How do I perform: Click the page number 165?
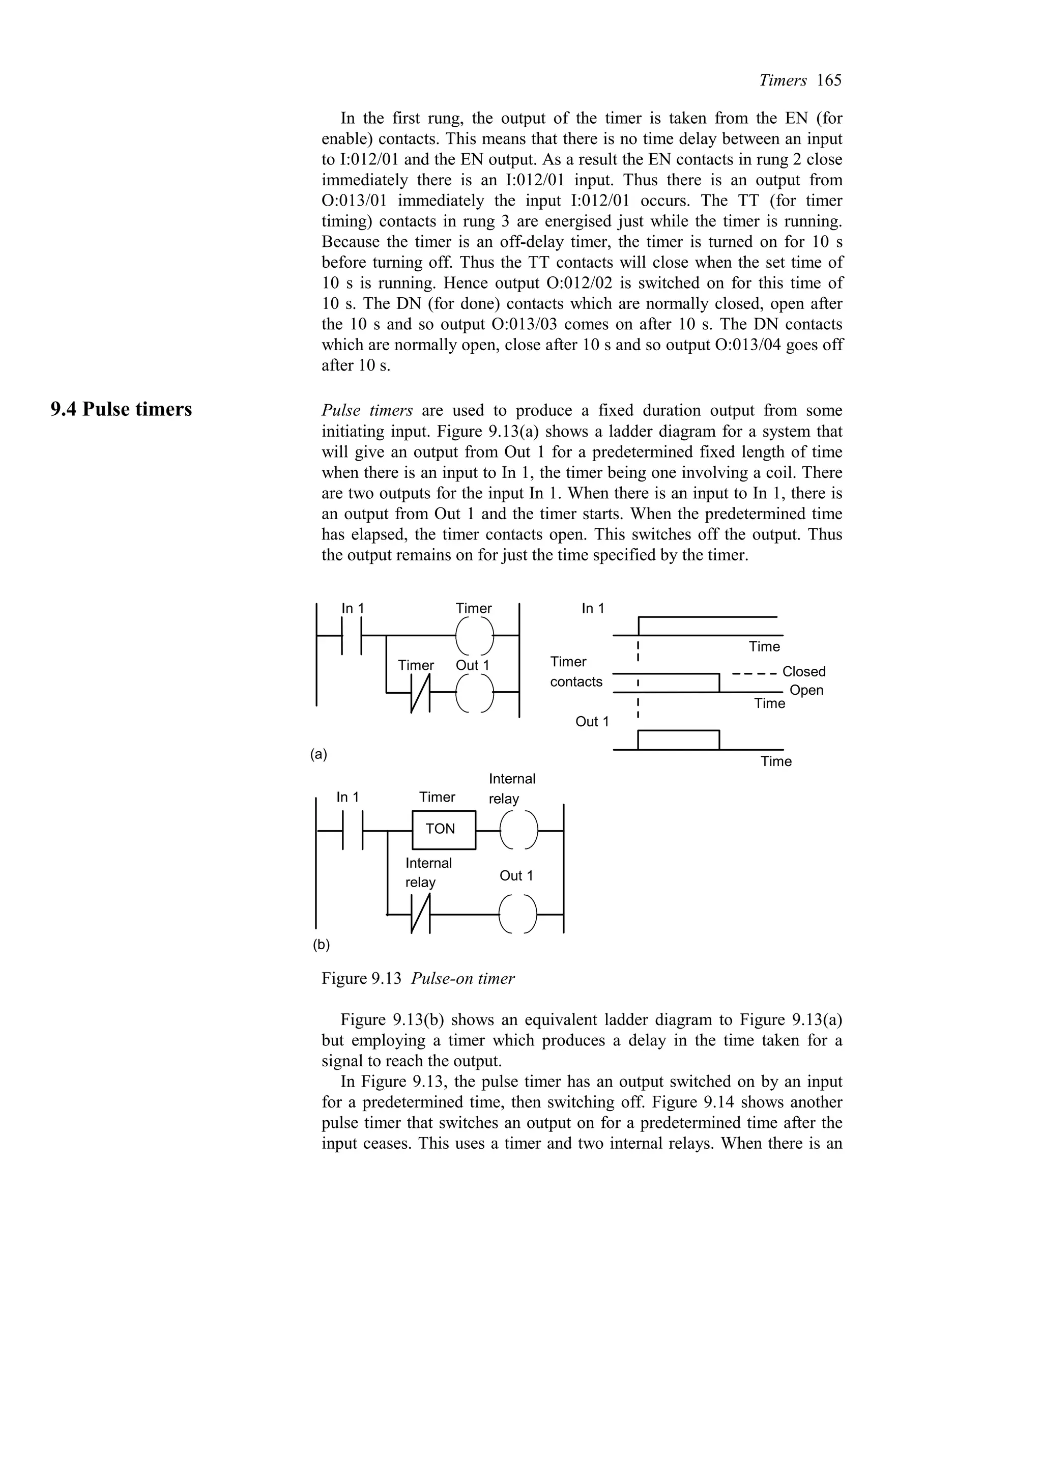(829, 80)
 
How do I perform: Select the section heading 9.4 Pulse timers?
(121, 409)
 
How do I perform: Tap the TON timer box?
(444, 829)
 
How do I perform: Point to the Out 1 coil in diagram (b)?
(517, 914)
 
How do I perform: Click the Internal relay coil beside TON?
(517, 830)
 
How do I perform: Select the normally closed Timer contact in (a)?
(421, 693)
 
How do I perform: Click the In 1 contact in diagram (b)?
(353, 830)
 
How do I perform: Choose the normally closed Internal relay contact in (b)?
(421, 914)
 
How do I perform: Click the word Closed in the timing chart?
(804, 671)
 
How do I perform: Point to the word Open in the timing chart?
(806, 691)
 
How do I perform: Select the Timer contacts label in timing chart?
(576, 671)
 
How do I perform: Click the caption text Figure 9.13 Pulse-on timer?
(418, 978)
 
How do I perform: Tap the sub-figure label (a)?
(319, 754)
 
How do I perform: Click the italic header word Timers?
(783, 80)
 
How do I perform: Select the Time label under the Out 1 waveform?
(776, 761)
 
